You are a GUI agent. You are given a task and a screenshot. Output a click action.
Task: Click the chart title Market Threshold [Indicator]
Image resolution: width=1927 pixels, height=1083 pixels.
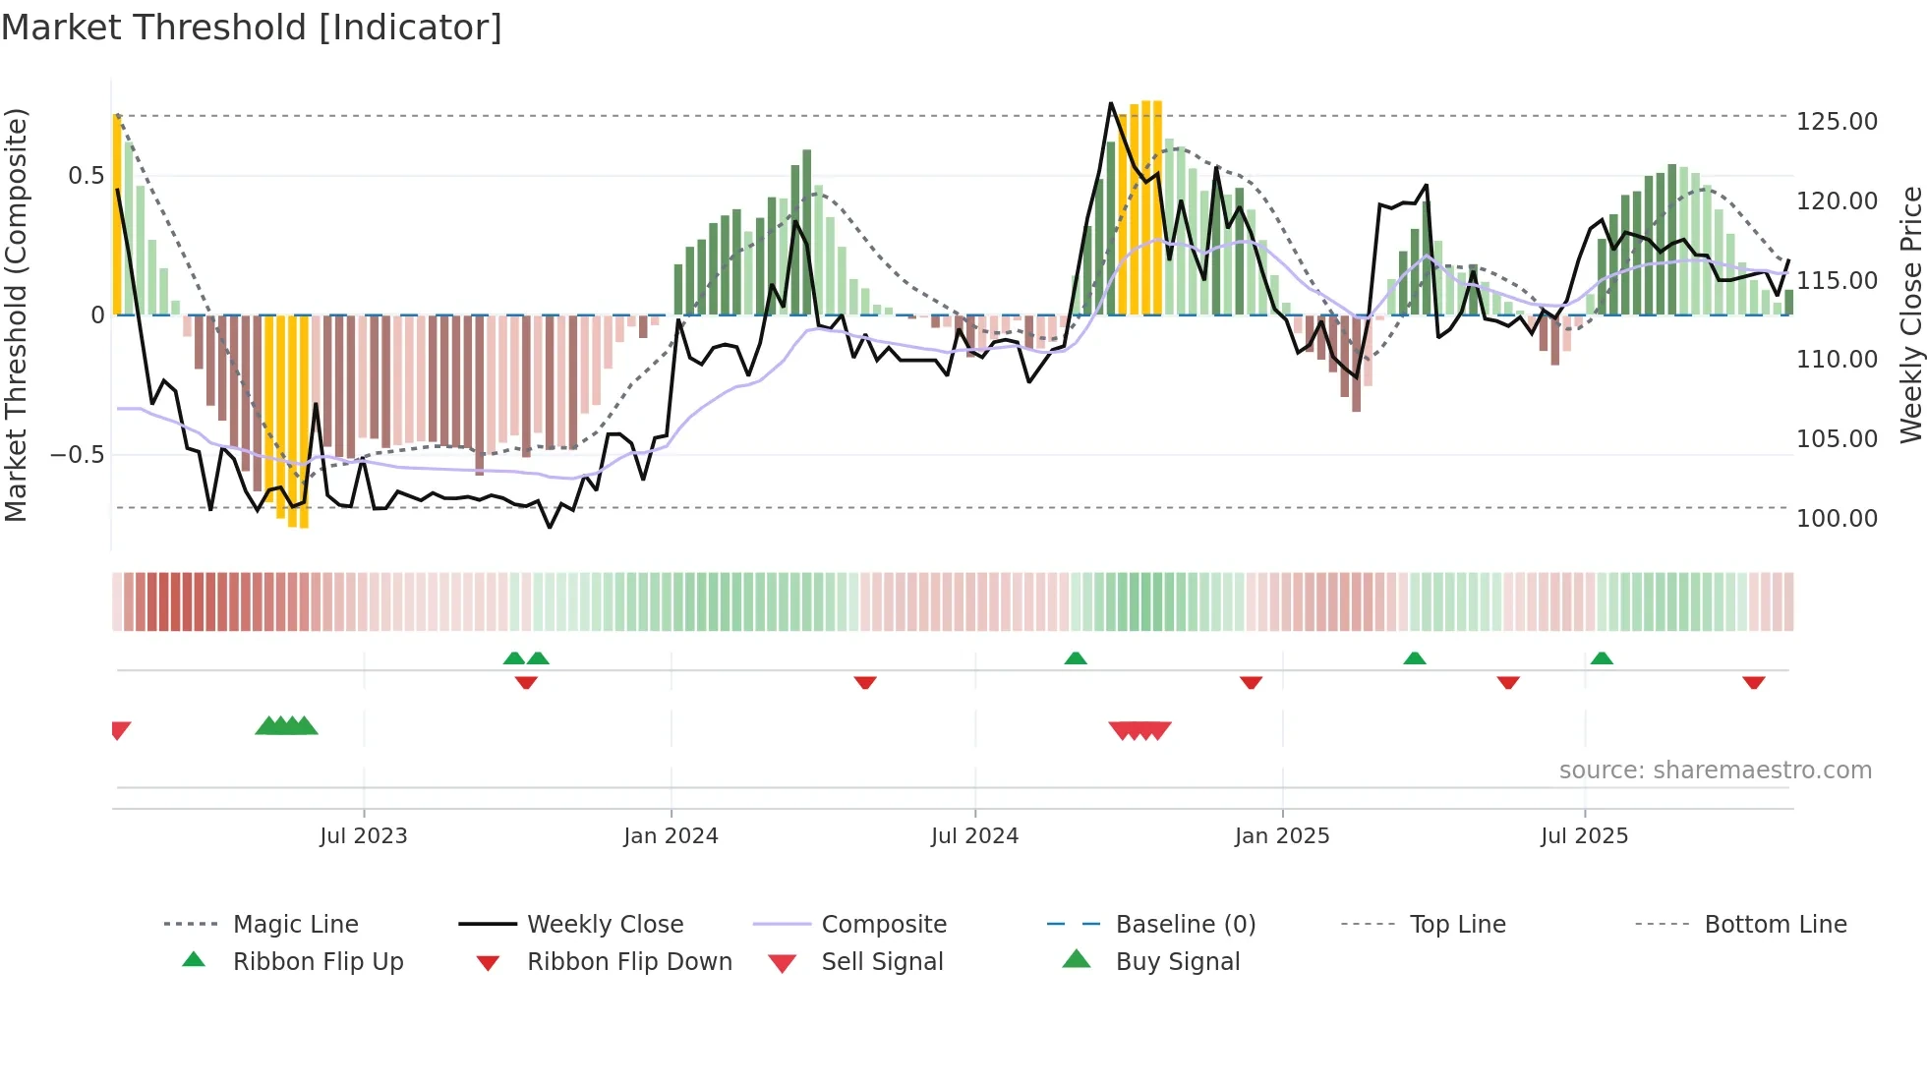pyautogui.click(x=252, y=28)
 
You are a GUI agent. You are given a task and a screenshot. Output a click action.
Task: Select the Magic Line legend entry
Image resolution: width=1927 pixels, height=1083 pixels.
pyautogui.click(x=295, y=924)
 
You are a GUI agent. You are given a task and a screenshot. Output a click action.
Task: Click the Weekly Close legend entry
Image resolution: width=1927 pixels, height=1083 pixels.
pyautogui.click(x=605, y=924)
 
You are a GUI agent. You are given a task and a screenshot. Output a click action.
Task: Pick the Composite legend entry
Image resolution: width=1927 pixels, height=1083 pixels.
pyautogui.click(x=884, y=924)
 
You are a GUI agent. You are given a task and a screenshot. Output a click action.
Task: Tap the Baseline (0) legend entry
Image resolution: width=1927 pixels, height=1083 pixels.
pyautogui.click(x=1185, y=924)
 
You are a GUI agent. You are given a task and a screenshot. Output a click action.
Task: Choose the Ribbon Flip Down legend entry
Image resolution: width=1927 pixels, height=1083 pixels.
pyautogui.click(x=629, y=961)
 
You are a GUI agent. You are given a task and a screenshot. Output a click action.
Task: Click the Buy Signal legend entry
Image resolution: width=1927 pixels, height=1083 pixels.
pyautogui.click(x=1177, y=961)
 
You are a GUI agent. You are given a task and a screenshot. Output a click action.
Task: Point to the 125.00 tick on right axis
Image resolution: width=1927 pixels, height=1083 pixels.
pyautogui.click(x=1836, y=121)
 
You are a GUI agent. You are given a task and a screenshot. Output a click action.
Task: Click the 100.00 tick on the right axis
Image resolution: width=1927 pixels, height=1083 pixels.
pyautogui.click(x=1836, y=518)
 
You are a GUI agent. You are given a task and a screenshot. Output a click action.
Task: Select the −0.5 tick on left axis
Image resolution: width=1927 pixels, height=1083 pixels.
pyautogui.click(x=77, y=454)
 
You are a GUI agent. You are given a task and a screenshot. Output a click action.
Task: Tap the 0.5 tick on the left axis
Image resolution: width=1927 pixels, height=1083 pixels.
pyautogui.click(x=86, y=176)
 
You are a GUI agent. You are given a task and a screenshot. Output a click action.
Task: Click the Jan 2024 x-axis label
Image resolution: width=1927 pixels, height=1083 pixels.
pyautogui.click(x=671, y=835)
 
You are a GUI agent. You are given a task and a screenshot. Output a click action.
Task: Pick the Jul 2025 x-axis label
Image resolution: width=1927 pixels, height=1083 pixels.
pyautogui.click(x=1584, y=835)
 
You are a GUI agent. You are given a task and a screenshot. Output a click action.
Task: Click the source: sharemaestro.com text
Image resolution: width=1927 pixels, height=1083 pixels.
pyautogui.click(x=1715, y=769)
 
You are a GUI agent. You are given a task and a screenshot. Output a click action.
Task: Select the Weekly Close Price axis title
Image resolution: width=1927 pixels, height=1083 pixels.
pyautogui.click(x=1910, y=314)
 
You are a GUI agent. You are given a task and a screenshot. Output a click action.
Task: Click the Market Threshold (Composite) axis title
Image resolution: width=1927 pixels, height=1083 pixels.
pyautogui.click(x=16, y=314)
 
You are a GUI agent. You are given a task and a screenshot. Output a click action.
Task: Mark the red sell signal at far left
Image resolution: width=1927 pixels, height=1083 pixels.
pyautogui.click(x=120, y=729)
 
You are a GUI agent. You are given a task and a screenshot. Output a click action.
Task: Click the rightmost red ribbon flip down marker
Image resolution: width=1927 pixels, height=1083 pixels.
pyautogui.click(x=1753, y=682)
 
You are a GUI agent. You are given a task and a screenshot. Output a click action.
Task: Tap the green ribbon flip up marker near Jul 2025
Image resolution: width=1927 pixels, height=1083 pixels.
pyautogui.click(x=1602, y=658)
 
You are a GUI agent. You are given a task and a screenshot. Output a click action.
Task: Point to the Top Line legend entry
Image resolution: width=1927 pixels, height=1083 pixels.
pyautogui.click(x=1456, y=924)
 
